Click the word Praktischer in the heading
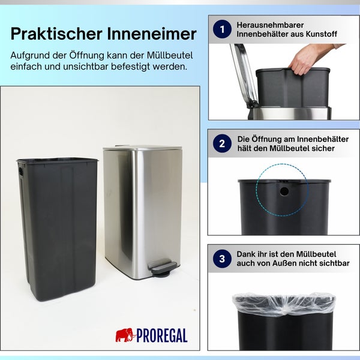pyautogui.click(x=55, y=34)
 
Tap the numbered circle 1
pyautogui.click(x=223, y=29)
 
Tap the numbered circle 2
pyautogui.click(x=223, y=143)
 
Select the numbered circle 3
pyautogui.click(x=223, y=259)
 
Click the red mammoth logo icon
pyautogui.click(x=125, y=335)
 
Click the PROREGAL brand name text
pyautogui.click(x=162, y=335)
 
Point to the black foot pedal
pyautogui.click(x=163, y=267)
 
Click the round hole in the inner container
pyautogui.click(x=284, y=191)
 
